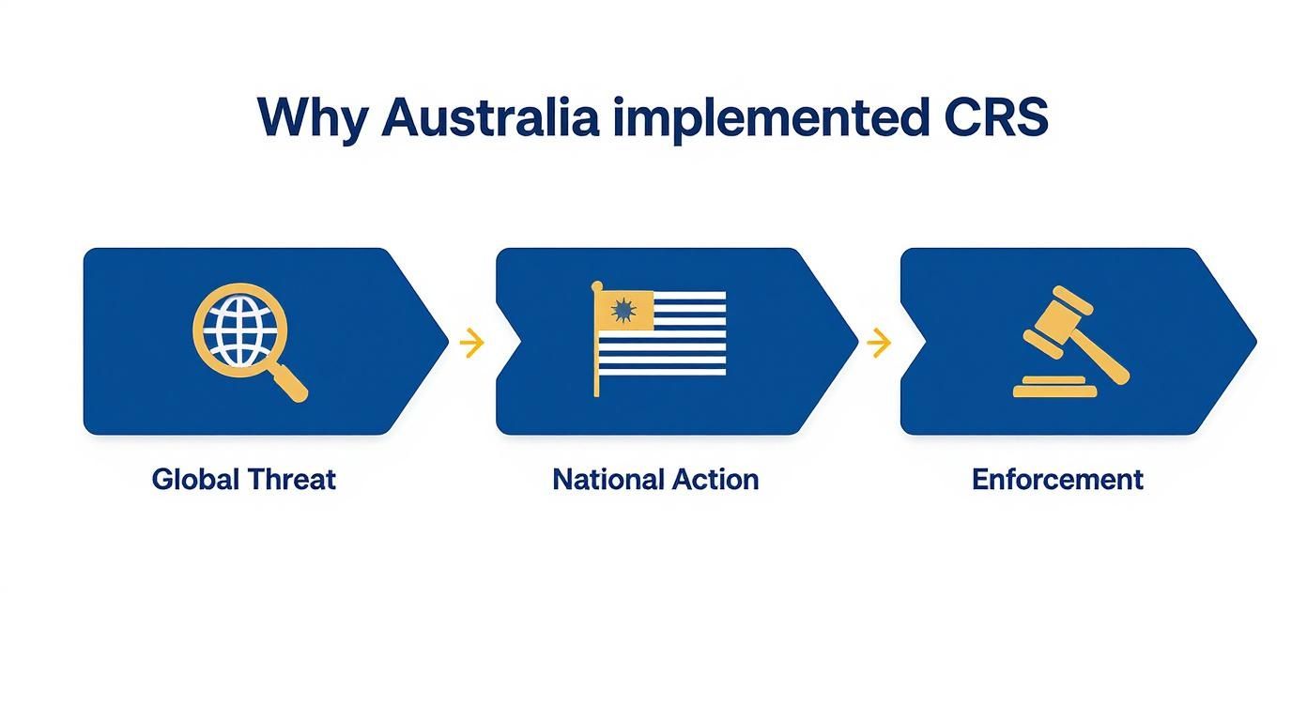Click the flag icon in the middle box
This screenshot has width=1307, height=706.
point(660,335)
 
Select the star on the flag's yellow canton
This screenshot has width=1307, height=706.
point(620,310)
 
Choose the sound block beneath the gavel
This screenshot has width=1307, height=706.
point(1054,387)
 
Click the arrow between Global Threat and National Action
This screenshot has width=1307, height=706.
point(471,343)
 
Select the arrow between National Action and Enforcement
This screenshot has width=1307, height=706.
point(879,343)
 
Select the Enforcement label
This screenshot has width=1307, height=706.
point(1057,480)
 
